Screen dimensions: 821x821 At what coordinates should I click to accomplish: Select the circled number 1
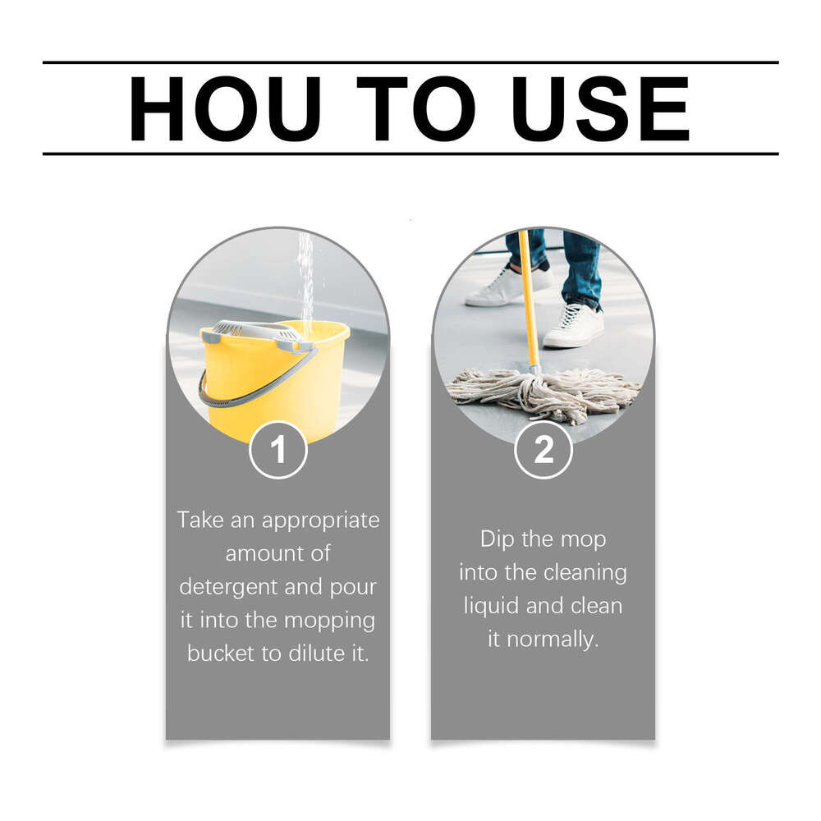click(277, 450)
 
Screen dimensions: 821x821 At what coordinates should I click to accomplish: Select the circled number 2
click(544, 450)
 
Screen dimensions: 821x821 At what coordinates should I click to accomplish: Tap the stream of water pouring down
click(305, 279)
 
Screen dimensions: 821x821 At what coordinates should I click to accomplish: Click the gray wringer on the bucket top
click(255, 333)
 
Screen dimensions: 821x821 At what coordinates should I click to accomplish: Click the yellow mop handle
click(529, 304)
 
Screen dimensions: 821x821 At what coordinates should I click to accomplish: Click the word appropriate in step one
click(320, 521)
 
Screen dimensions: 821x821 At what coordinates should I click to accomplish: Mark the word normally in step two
click(553, 639)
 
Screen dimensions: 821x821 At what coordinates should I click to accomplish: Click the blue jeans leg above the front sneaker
click(581, 267)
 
